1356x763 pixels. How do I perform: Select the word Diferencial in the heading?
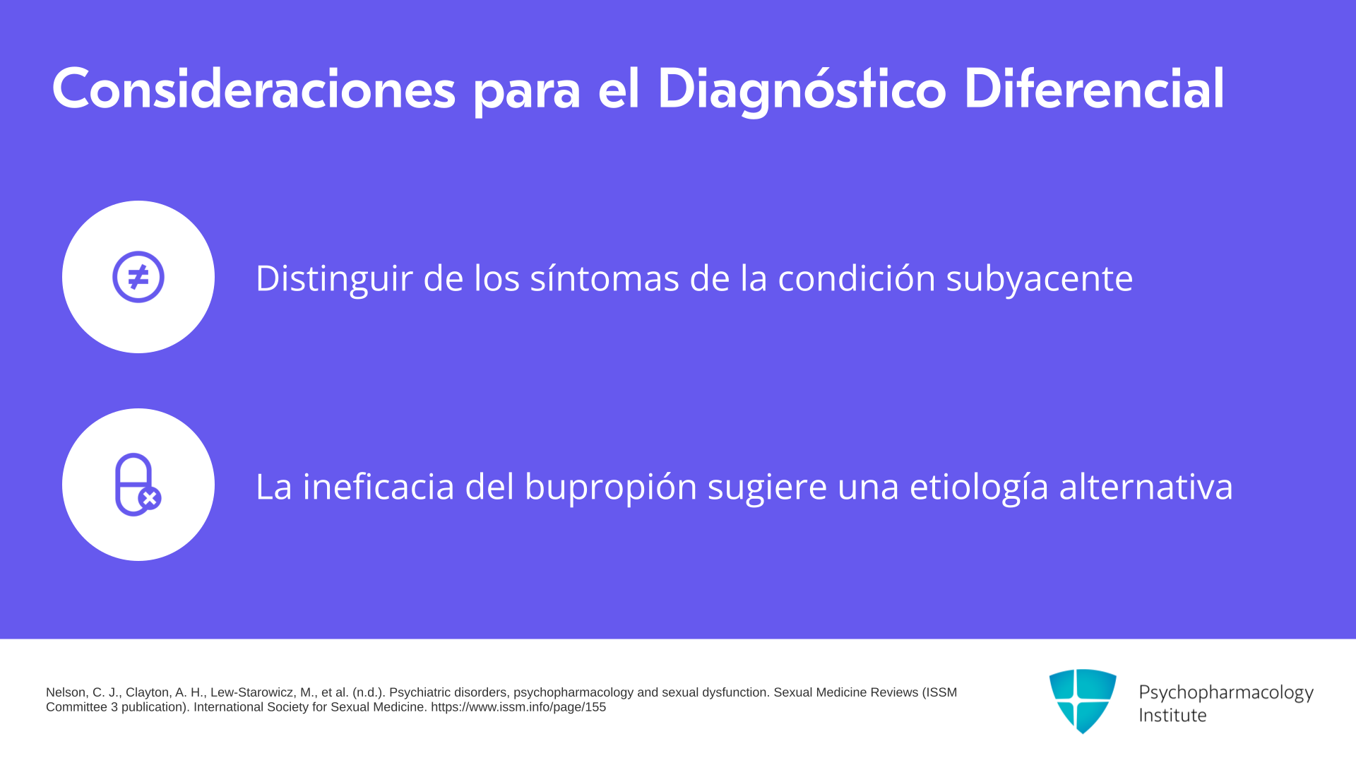(1094, 89)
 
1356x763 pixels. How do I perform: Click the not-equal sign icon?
(138, 277)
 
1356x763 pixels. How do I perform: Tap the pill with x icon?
(138, 485)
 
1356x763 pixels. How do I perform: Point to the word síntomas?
(605, 278)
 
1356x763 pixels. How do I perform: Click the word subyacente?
(1040, 279)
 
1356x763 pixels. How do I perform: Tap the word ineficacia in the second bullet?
(379, 486)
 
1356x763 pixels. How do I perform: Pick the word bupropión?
(611, 487)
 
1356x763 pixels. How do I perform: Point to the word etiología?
(980, 487)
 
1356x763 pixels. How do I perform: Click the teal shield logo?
(1083, 701)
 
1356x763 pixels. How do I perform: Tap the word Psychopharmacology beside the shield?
(1226, 693)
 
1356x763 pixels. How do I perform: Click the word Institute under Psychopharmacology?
(1172, 715)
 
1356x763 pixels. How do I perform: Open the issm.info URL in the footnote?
(518, 707)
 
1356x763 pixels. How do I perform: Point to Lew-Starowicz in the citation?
(253, 692)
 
